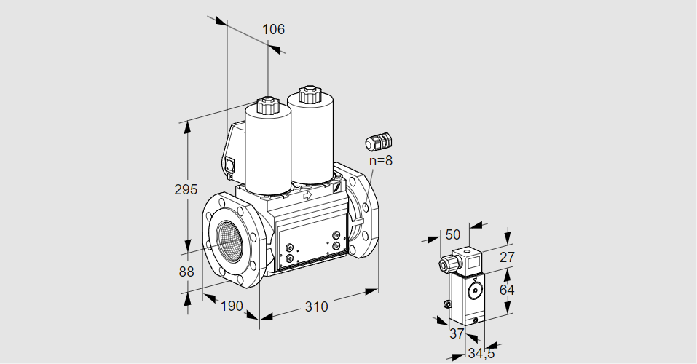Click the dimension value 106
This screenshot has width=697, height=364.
(273, 30)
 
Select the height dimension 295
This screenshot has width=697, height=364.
(186, 190)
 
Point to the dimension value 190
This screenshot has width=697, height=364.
(231, 306)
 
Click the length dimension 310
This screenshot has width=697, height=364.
(316, 306)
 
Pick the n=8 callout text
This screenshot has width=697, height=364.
(380, 161)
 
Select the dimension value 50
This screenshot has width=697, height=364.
(453, 234)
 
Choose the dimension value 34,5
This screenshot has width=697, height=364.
(480, 355)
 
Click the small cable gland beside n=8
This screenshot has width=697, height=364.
(378, 141)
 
